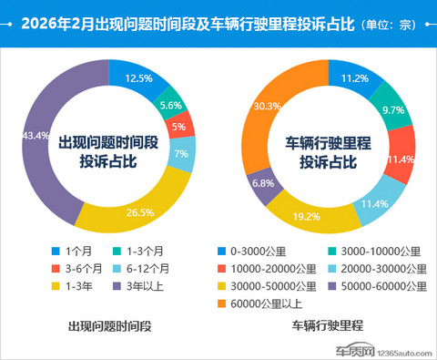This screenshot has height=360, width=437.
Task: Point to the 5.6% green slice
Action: coord(171,105)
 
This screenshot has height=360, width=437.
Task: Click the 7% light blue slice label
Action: coord(181,154)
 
